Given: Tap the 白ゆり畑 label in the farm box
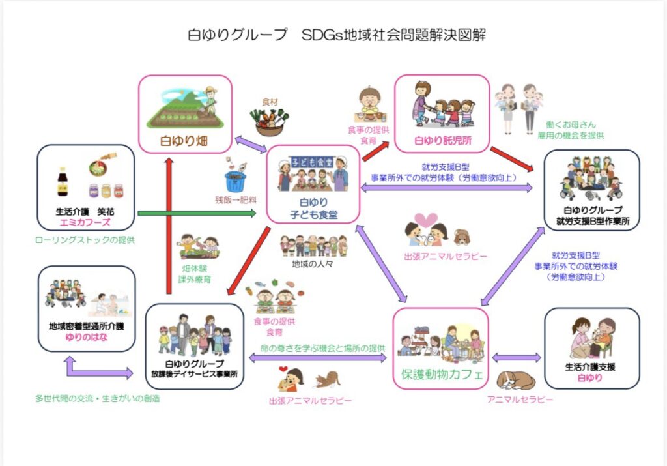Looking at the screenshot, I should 186,140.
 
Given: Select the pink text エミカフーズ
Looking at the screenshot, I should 86,222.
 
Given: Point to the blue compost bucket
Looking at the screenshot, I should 235,181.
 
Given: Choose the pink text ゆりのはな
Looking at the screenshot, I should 86,338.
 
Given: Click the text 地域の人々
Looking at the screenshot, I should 313,265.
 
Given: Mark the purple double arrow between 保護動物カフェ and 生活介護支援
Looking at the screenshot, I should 517,358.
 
